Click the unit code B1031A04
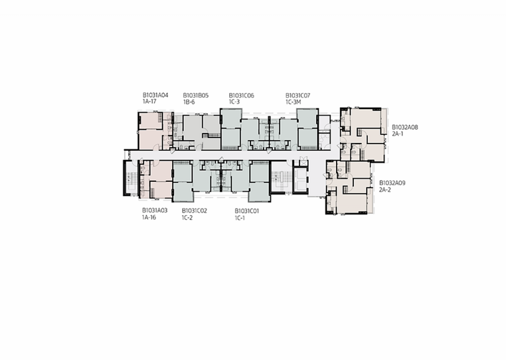coord(156,95)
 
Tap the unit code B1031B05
coord(196,95)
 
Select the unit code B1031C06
coord(241,95)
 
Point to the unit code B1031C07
coord(298,95)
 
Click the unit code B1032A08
coord(405,127)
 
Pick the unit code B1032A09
coord(392,182)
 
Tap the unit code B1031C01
coord(247,210)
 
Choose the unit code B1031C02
coord(194,210)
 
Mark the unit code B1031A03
coord(155,210)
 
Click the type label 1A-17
coord(149,102)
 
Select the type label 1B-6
coord(189,102)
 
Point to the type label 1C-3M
coord(294,102)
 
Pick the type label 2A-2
coord(385,189)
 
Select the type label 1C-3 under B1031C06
coord(234,102)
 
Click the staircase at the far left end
coord(131,179)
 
